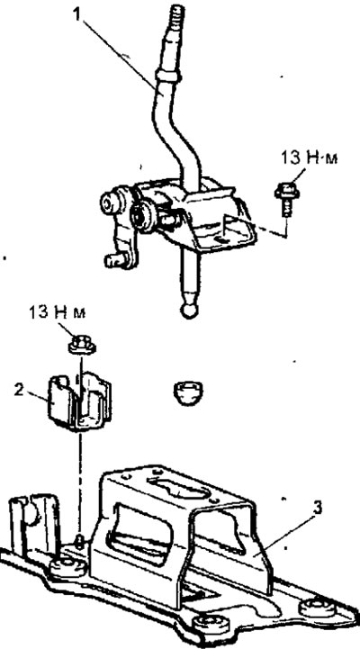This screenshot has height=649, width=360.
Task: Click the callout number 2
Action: coord(19,391)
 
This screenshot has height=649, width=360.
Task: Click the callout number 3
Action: coord(317,509)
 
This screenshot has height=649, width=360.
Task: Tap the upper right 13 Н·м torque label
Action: coord(309,158)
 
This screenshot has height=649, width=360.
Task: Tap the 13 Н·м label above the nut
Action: coord(58,312)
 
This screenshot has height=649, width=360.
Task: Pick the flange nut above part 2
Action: coord(82,345)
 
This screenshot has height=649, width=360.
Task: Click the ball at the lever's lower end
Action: coord(190,311)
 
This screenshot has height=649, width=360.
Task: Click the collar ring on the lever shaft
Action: coord(168,76)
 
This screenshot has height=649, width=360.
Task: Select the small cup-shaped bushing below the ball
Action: coord(188,392)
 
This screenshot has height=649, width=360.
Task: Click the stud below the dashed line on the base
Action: coord(81,539)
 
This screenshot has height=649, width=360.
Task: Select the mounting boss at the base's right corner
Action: coord(314,608)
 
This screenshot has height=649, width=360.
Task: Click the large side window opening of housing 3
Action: coord(139,533)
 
